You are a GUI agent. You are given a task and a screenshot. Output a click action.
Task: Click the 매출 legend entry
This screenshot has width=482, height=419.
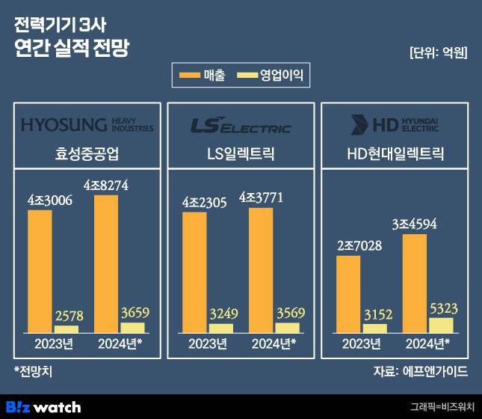pos(202,75)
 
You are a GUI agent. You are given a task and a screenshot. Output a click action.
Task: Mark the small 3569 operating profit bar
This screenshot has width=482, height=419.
pos(287,328)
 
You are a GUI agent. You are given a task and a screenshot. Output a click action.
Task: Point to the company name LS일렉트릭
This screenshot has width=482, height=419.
pos(241,156)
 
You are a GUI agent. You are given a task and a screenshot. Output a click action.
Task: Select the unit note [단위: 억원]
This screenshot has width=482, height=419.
pos(439,53)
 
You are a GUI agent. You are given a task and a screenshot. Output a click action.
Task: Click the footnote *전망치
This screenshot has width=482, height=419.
pos(35,371)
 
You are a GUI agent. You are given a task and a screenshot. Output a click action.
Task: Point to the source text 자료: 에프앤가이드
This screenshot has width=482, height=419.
pos(420,371)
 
